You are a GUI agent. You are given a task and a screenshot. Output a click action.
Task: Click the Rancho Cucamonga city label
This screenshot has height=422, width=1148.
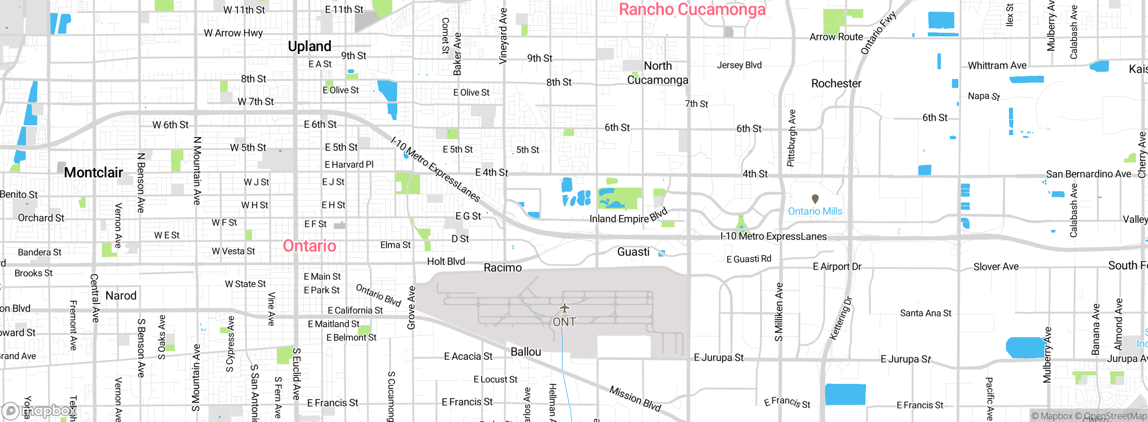click(692, 9)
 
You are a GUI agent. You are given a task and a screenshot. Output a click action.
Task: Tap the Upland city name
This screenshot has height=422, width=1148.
click(309, 46)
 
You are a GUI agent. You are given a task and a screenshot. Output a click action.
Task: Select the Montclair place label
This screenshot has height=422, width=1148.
click(93, 172)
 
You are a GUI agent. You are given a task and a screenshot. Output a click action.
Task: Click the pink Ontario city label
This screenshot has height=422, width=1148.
click(309, 246)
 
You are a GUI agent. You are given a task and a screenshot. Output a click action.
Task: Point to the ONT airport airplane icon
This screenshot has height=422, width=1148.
click(564, 308)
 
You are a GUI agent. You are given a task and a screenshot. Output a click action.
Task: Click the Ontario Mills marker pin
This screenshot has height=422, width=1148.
click(815, 198)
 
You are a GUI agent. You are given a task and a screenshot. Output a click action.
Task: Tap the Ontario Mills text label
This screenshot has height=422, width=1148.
click(815, 211)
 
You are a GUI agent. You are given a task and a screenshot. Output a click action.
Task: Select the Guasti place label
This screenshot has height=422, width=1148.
click(633, 252)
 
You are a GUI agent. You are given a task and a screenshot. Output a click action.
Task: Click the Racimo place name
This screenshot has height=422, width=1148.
click(503, 268)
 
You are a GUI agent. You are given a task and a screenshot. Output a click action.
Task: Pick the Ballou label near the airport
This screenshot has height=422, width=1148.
click(526, 352)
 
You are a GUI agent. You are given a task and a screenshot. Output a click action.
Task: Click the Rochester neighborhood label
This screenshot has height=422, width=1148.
click(836, 84)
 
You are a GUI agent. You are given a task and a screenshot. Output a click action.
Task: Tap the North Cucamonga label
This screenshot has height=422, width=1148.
click(657, 73)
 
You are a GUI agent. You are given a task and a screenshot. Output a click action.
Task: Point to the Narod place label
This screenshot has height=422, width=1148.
click(121, 295)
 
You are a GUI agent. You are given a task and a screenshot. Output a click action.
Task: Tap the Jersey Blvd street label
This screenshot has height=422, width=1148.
click(739, 65)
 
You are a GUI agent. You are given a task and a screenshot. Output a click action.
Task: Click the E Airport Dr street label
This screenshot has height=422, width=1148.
click(837, 267)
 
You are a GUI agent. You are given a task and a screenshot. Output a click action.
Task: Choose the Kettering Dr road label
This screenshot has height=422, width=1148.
click(840, 318)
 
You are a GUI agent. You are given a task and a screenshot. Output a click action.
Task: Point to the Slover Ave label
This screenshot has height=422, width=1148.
click(996, 267)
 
